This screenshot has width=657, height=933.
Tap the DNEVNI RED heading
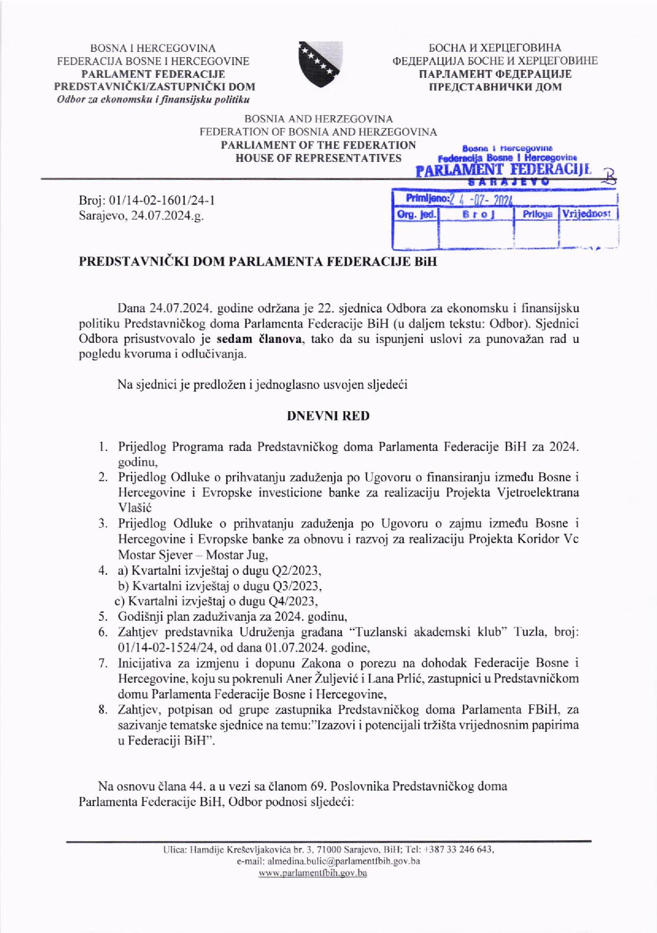328,415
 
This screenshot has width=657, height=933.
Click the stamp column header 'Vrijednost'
587,214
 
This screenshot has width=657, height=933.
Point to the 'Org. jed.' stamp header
416,214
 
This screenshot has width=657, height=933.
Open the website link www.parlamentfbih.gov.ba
312,873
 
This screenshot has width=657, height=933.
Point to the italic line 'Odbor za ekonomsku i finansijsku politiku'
154,99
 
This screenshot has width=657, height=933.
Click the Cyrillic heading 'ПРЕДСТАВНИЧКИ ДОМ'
494,87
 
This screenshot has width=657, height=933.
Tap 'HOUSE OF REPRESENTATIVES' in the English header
318,158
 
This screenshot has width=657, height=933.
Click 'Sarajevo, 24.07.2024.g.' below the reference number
141,216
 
